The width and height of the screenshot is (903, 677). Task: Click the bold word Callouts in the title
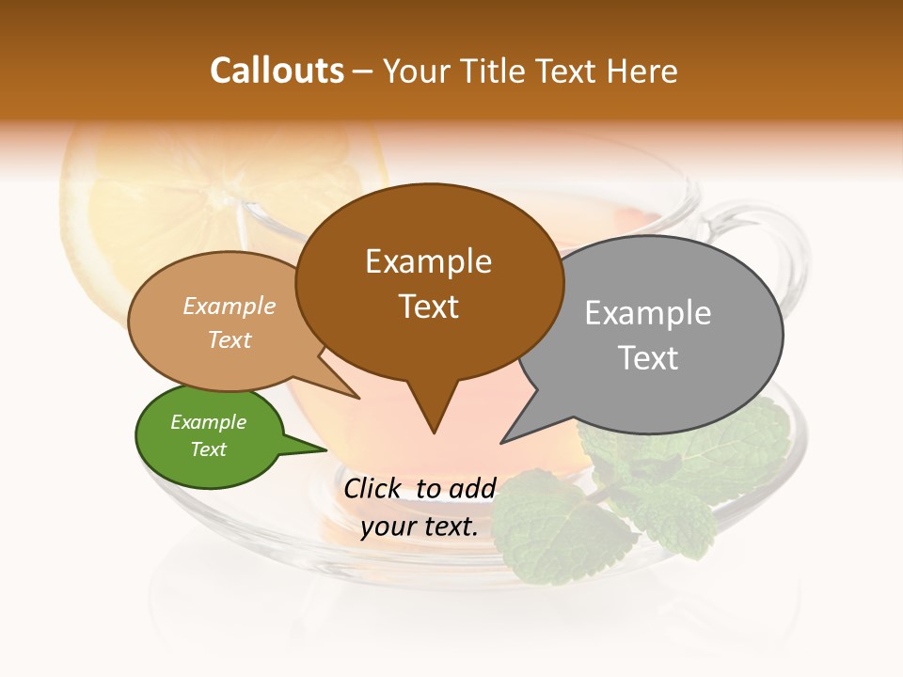277,71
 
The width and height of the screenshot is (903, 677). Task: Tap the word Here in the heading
642,71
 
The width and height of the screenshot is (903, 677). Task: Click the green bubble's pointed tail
315,449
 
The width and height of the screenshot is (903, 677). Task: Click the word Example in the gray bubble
648,313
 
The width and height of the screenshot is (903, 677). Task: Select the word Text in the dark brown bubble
429,307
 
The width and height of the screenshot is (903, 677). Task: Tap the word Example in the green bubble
208,422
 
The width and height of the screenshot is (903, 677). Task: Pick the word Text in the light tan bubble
230,339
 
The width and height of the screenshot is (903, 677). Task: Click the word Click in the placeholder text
373,488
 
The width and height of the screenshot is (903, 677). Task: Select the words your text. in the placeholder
420,527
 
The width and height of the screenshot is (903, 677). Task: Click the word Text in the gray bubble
649,358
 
